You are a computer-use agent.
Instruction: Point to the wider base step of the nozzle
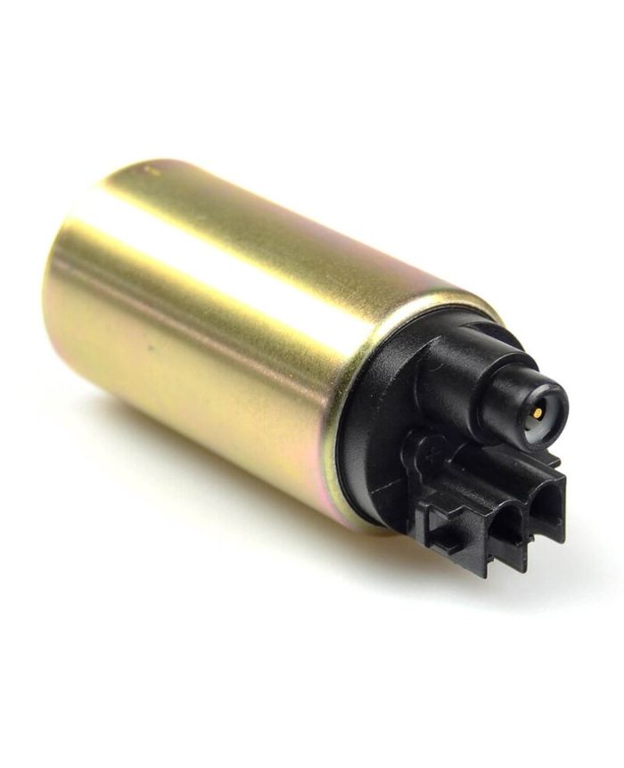click(448, 372)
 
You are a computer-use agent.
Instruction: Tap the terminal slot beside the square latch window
click(507, 527)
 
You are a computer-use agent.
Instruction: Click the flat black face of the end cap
click(374, 428)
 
